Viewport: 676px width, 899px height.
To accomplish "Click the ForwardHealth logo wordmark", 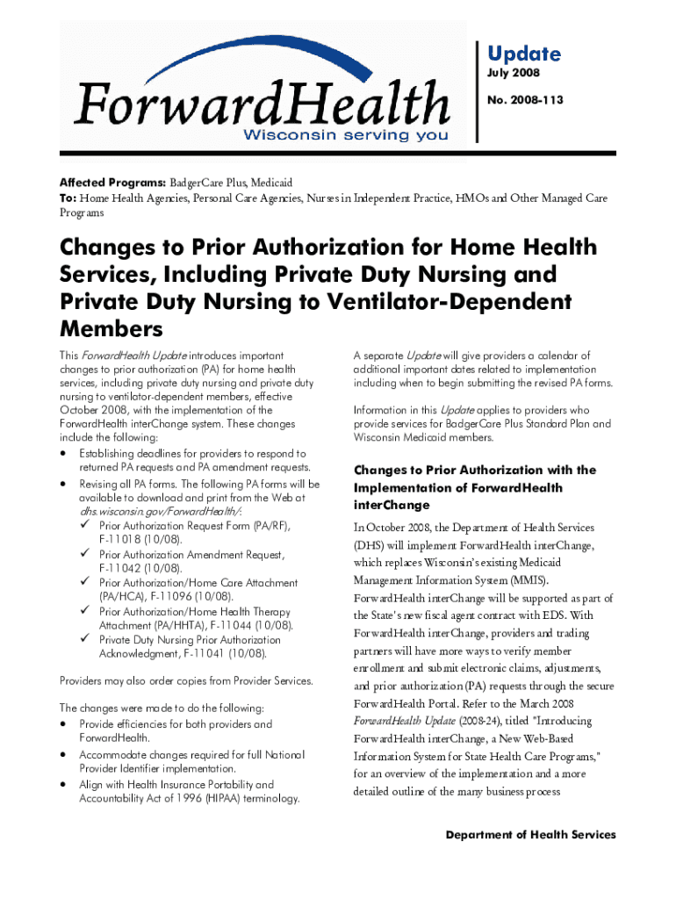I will pyautogui.click(x=262, y=103).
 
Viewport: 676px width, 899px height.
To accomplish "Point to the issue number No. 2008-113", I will pyautogui.click(x=525, y=101).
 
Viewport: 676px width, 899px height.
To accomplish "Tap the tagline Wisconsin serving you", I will pyautogui.click(x=345, y=135).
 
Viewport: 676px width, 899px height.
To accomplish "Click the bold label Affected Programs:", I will pyautogui.click(x=112, y=183).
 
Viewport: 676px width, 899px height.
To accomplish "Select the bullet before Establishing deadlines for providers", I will pyautogui.click(x=64, y=453).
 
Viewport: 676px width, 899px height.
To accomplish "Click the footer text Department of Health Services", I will pyautogui.click(x=530, y=835).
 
